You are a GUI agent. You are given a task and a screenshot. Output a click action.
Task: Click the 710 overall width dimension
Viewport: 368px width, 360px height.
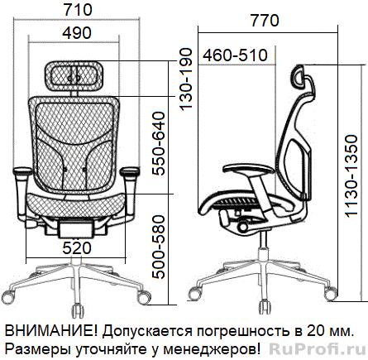point(78,11)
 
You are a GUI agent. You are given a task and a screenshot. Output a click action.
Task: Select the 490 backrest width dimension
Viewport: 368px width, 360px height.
point(77,33)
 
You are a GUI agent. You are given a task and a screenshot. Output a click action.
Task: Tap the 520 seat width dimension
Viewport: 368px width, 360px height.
point(77,248)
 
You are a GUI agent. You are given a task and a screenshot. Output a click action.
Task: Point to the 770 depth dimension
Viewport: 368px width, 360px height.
point(265,21)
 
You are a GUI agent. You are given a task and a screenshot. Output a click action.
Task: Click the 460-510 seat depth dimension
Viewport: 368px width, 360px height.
point(235,55)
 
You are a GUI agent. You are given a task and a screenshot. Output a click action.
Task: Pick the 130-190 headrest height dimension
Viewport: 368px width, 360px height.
point(186,79)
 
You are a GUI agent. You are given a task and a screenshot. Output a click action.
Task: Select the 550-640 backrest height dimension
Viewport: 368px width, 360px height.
point(160,143)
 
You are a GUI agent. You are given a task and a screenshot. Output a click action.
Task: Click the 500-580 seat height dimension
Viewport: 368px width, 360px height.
point(160,247)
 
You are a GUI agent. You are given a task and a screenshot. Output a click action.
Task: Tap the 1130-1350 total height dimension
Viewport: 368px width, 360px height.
point(351,176)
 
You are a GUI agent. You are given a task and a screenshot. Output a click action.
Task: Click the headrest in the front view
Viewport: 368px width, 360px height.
point(74,76)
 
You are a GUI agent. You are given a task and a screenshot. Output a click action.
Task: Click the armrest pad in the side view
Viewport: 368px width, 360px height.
point(248,169)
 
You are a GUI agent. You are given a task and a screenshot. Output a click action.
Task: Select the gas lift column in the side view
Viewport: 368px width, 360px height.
point(264,239)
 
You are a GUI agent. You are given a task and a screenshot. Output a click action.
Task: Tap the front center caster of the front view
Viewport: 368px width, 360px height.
point(78,310)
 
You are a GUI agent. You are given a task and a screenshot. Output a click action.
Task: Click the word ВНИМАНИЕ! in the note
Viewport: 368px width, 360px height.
point(50,331)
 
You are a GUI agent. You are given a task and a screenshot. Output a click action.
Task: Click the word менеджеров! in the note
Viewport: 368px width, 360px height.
point(212,350)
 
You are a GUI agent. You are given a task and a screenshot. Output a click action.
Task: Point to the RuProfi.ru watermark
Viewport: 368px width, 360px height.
point(317,348)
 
